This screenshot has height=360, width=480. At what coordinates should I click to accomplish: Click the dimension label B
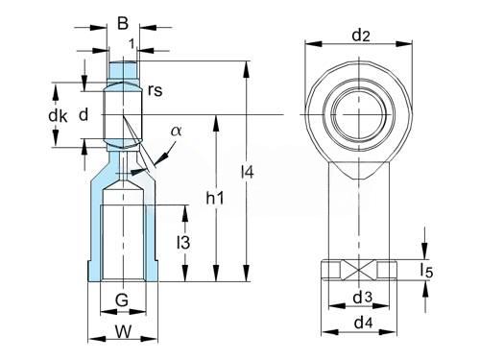(123, 23)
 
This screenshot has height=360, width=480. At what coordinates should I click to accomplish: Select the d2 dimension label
(361, 36)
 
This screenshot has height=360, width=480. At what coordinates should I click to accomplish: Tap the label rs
(156, 90)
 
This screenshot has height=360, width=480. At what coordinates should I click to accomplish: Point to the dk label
(58, 115)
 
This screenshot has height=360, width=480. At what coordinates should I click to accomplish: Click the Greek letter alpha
(176, 131)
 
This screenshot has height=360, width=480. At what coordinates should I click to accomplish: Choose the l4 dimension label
(248, 172)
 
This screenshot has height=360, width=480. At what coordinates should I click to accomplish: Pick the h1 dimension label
(215, 198)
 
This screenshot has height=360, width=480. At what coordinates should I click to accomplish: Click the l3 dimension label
(183, 242)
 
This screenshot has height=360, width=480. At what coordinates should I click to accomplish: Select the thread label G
(122, 300)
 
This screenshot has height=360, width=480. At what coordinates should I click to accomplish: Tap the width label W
(123, 331)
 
